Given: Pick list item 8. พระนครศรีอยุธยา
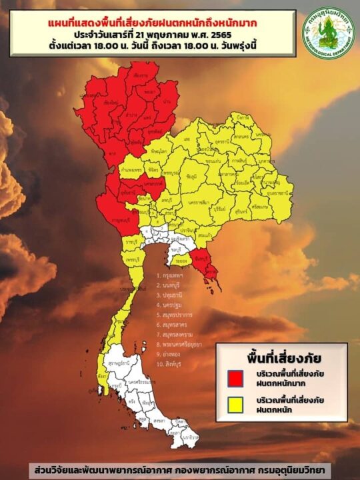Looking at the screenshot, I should pyautogui.click(x=181, y=345).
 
